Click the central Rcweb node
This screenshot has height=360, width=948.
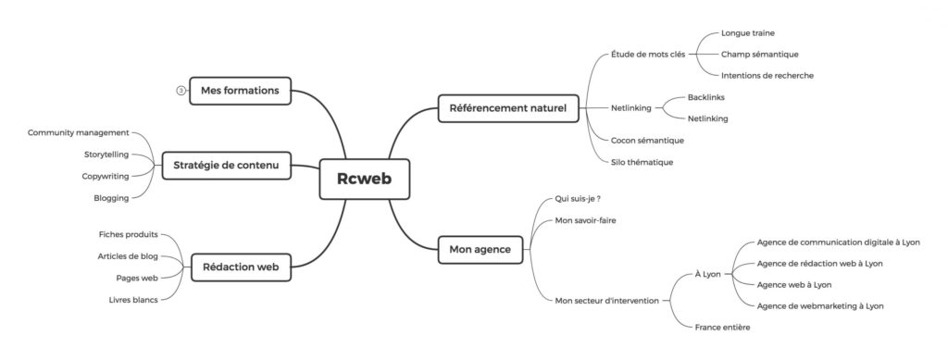(x=365, y=179)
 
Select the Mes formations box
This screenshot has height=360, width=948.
(x=240, y=91)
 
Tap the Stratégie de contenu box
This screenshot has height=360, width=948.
(x=226, y=165)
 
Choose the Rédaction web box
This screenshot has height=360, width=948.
(x=241, y=267)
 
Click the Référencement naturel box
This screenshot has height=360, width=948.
(x=508, y=108)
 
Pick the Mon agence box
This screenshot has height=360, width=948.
(x=480, y=250)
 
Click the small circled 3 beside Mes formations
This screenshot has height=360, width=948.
(x=181, y=91)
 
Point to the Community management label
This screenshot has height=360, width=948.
(x=78, y=132)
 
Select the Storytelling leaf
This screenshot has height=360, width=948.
(x=106, y=155)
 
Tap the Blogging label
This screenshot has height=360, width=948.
(x=111, y=198)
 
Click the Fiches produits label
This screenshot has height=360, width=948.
(x=128, y=234)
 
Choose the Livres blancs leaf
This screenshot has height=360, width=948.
(x=133, y=300)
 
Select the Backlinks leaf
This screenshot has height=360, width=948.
(x=706, y=97)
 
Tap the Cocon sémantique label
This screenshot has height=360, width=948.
(x=647, y=140)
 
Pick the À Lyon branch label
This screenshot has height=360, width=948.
(x=708, y=274)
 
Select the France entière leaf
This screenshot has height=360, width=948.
(x=722, y=328)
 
